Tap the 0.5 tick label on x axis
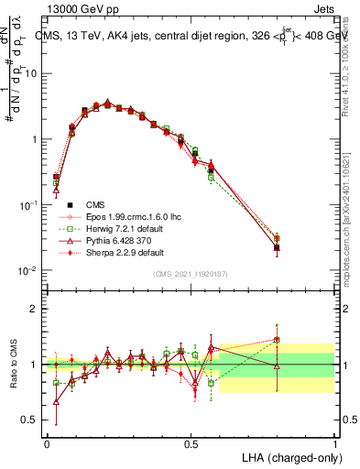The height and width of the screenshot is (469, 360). click(x=191, y=442)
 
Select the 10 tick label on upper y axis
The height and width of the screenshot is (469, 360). click(x=33, y=73)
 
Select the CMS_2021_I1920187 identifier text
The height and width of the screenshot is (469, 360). click(x=191, y=273)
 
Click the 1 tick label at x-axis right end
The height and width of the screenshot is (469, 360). click(x=334, y=442)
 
